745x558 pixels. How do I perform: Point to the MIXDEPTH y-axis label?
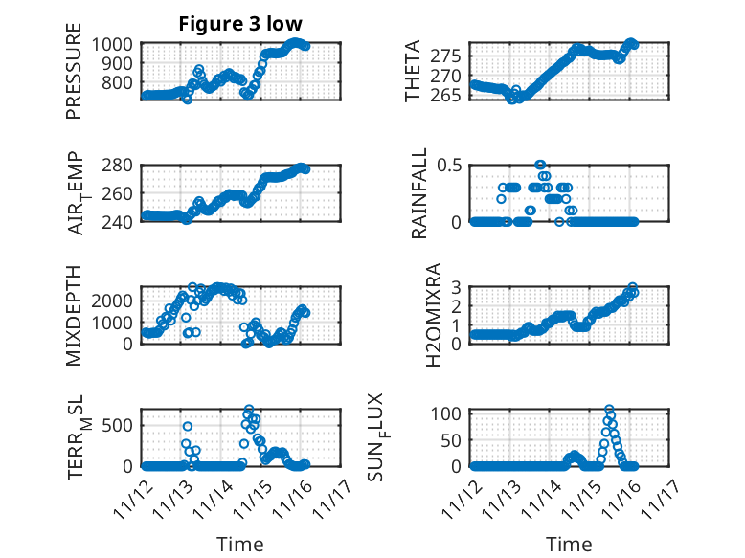74,315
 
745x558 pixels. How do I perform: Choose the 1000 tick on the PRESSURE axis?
118,44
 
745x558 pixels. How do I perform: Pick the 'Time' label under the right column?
569,544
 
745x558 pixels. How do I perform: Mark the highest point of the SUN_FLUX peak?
609,409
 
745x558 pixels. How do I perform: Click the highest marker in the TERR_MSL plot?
249,410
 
